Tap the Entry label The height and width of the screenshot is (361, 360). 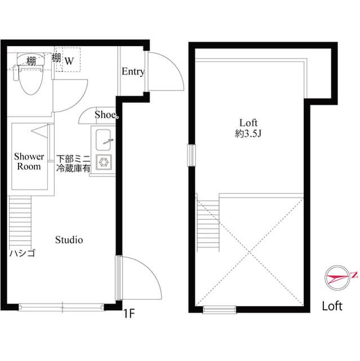point(133,72)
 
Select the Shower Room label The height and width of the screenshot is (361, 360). point(29,161)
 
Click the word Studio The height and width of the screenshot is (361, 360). point(69,240)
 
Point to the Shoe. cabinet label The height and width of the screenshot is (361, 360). point(106,115)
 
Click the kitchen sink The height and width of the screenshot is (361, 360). point(104,138)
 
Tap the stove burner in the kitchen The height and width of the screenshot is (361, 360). point(104,161)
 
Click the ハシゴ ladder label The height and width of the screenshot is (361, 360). point(21,253)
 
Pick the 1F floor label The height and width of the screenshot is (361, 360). point(129,314)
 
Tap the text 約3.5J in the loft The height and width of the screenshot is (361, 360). point(248,134)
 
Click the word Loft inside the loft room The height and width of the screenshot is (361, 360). point(248,122)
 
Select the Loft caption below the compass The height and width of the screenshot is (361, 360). point(332,306)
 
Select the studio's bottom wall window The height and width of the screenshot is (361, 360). point(62,307)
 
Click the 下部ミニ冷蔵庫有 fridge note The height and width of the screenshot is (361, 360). point(73,164)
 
